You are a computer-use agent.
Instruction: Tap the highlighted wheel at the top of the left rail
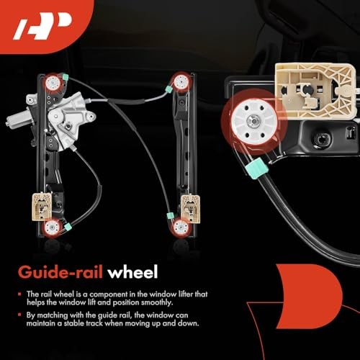(53, 82)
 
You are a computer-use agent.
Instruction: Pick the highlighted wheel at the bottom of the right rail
(180, 227)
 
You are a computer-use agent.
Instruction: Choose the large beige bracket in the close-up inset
(314, 89)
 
